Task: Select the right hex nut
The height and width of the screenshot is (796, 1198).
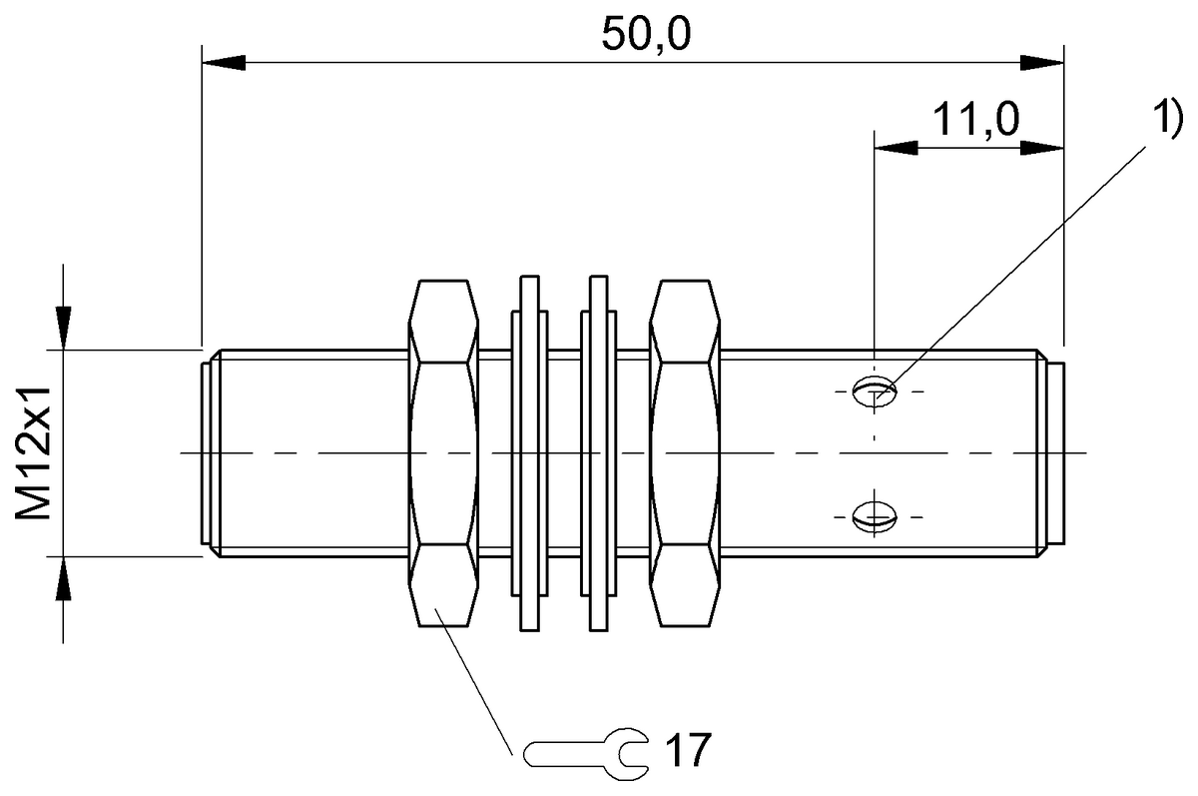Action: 685,454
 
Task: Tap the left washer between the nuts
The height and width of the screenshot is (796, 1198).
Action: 529,454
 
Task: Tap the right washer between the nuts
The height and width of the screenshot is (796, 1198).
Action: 599,454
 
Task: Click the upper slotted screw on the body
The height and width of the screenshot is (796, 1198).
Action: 876,391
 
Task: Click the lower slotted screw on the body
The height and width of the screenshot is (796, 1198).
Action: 876,516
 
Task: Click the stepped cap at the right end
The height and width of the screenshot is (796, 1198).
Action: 1055,454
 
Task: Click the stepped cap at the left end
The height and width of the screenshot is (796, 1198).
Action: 207,454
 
